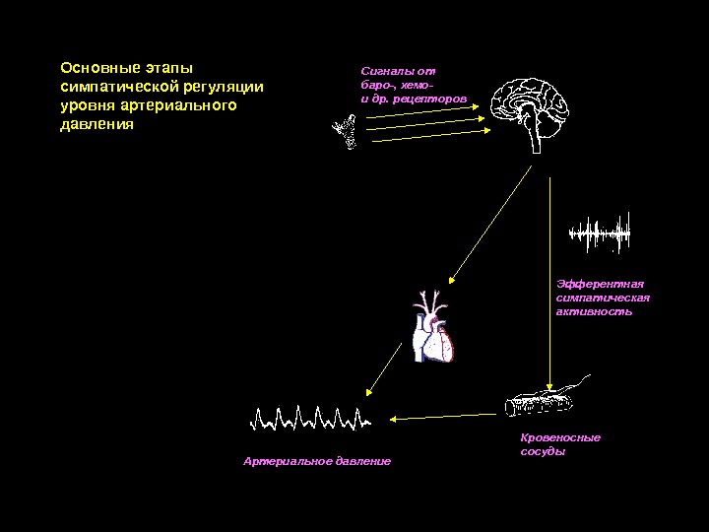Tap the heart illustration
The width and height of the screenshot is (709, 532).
(434, 331)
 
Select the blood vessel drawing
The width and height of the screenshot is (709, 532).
(542, 400)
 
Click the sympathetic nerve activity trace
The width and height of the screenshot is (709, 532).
(599, 233)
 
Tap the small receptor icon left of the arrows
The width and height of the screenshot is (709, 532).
(346, 131)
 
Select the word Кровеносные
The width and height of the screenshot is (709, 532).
(559, 437)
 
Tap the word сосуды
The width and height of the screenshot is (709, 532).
(543, 452)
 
